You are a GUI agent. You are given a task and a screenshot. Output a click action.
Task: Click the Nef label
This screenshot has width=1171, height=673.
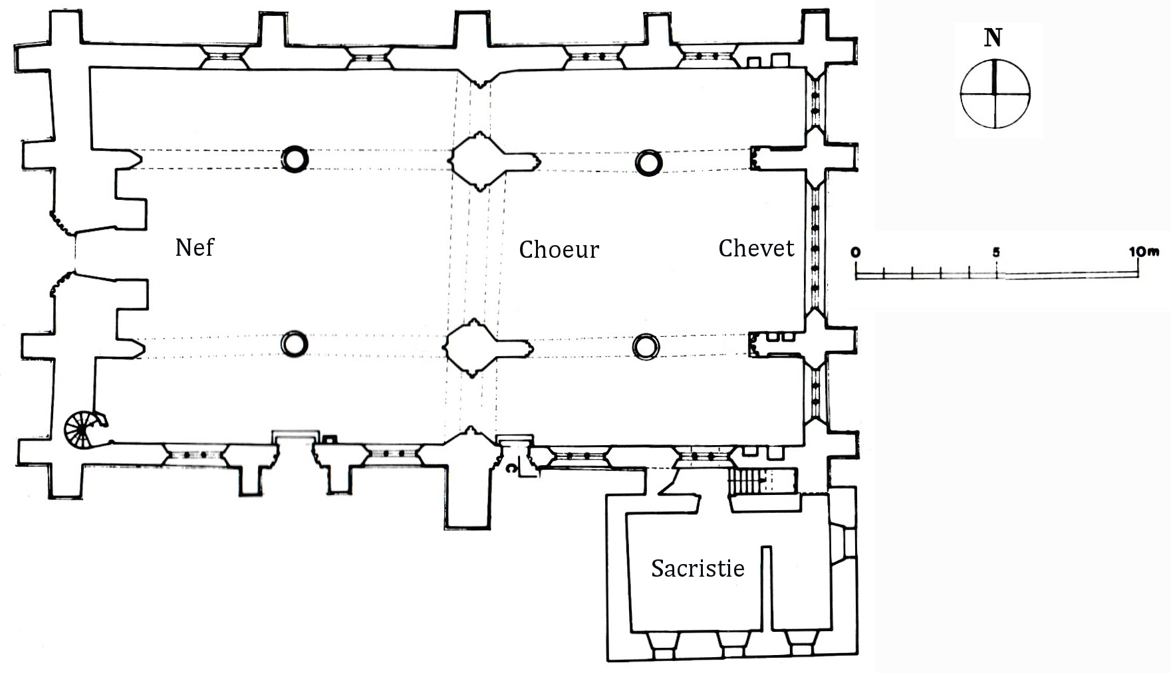[x=194, y=247]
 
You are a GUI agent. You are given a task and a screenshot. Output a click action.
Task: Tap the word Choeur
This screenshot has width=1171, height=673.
[x=559, y=249]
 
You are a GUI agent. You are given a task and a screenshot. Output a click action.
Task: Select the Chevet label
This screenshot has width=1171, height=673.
[x=756, y=248]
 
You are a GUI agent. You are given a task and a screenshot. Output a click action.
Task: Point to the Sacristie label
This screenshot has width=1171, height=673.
[x=698, y=568]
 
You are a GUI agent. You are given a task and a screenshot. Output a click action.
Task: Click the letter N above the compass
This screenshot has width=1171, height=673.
[x=993, y=39]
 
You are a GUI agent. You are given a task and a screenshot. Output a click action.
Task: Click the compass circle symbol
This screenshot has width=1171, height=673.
[x=995, y=93]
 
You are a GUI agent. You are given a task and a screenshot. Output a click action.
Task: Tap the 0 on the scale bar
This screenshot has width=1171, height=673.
[x=856, y=252]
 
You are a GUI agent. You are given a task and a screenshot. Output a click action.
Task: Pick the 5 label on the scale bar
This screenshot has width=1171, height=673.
[x=995, y=252]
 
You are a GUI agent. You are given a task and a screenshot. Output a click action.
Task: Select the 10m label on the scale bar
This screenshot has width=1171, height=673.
[x=1144, y=252]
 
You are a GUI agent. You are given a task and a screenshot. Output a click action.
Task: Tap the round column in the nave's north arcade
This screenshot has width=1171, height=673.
[x=295, y=159]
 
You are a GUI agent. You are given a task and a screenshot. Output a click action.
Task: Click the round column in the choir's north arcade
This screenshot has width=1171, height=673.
[x=649, y=163]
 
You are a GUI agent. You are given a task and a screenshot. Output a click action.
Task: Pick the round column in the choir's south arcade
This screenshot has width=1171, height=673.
[x=646, y=346]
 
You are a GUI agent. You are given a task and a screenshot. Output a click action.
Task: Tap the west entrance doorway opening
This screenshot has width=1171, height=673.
[x=74, y=252]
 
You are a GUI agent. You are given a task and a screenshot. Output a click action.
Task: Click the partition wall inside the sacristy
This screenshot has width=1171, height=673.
[x=767, y=588]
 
